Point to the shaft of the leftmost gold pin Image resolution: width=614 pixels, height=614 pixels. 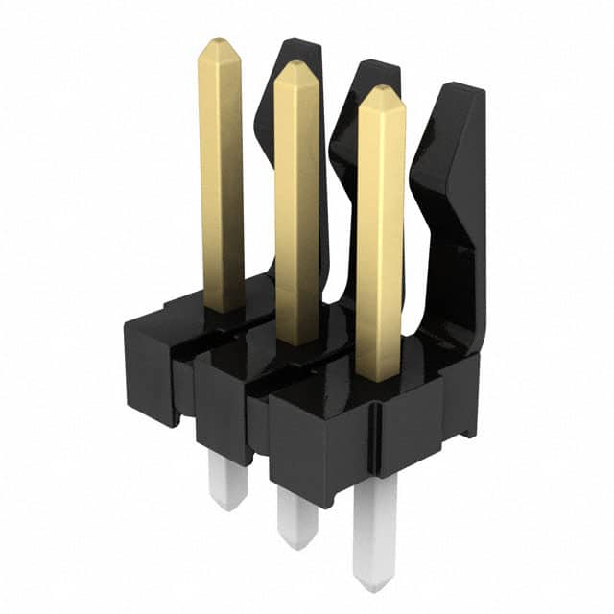(222, 182)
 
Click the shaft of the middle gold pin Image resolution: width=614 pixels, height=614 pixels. (296, 211)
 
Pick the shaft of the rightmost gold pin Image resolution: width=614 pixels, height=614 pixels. (380, 240)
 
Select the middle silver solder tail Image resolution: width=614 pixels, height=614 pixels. (296, 513)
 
